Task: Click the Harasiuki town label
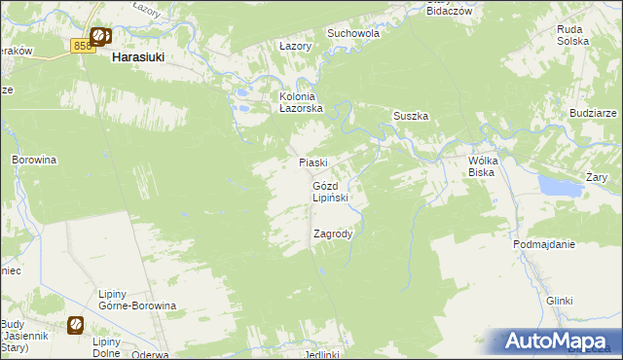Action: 137,57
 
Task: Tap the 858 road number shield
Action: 82,45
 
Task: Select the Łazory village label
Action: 294,46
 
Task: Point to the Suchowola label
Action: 352,32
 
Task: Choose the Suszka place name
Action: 411,116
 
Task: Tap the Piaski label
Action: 311,163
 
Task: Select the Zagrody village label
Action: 332,234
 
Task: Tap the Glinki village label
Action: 559,301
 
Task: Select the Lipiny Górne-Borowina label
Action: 136,299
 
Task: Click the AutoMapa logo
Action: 556,342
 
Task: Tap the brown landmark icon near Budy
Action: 75,324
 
